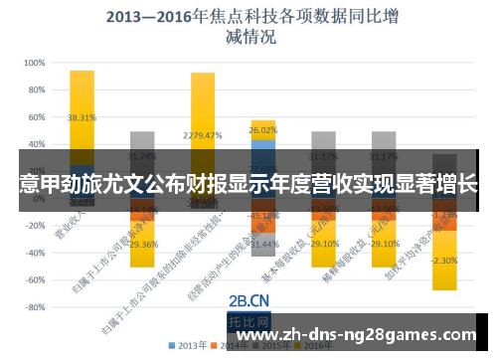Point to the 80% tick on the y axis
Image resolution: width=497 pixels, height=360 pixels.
(x=33, y=90)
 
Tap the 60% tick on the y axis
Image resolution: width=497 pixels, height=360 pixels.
(x=33, y=116)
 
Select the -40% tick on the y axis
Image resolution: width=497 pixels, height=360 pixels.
(x=31, y=253)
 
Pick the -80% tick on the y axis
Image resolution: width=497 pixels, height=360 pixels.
(x=31, y=307)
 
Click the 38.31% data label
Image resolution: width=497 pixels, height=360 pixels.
(x=82, y=117)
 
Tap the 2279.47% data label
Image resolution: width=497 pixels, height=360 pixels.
(x=203, y=135)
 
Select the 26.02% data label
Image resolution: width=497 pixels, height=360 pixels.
(x=263, y=130)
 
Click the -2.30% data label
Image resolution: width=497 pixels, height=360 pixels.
(x=444, y=261)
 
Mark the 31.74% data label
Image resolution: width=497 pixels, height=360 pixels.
(x=143, y=156)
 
